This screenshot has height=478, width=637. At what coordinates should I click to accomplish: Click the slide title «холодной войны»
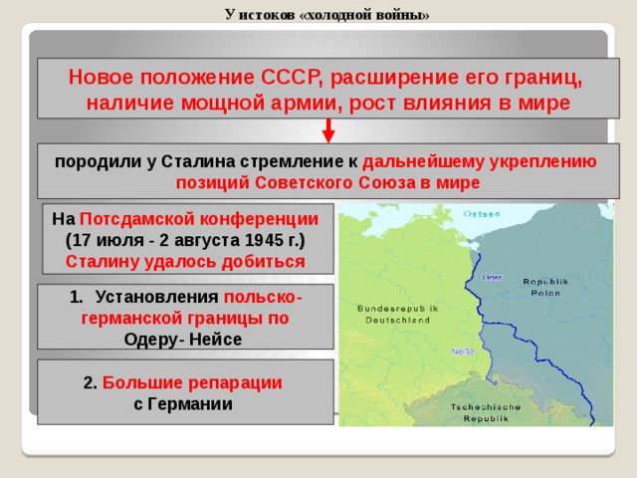click(327, 14)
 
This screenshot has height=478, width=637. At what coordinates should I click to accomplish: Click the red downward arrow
click(328, 132)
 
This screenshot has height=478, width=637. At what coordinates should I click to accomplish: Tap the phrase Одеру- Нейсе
click(183, 338)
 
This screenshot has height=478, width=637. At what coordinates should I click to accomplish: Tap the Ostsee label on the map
click(483, 213)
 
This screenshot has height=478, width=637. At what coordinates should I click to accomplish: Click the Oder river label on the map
click(492, 277)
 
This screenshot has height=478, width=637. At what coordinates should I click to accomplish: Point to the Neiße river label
click(462, 352)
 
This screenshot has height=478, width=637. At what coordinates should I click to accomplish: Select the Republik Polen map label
click(544, 288)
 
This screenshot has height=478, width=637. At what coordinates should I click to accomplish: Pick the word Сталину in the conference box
click(105, 262)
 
